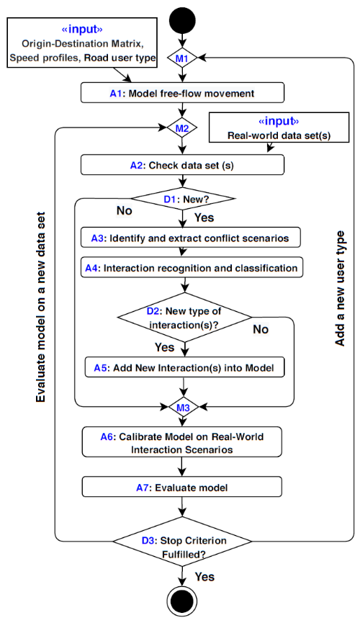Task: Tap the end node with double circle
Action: pos(181,601)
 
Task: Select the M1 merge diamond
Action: pos(181,58)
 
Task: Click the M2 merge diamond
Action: pos(181,128)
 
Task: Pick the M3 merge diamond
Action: pos(183,408)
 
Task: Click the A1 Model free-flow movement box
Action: pos(182,93)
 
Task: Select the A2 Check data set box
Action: pos(182,165)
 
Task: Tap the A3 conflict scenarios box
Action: pos(191,238)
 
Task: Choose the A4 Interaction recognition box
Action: pos(192,268)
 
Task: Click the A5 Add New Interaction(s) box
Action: pos(185,367)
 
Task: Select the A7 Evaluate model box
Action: pos(182,487)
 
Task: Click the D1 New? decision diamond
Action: pos(183,198)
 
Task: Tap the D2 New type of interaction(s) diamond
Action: pos(184,317)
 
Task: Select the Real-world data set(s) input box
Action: pos(279,127)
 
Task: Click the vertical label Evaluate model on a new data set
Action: pos(40,308)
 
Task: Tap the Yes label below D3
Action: pos(204,577)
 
